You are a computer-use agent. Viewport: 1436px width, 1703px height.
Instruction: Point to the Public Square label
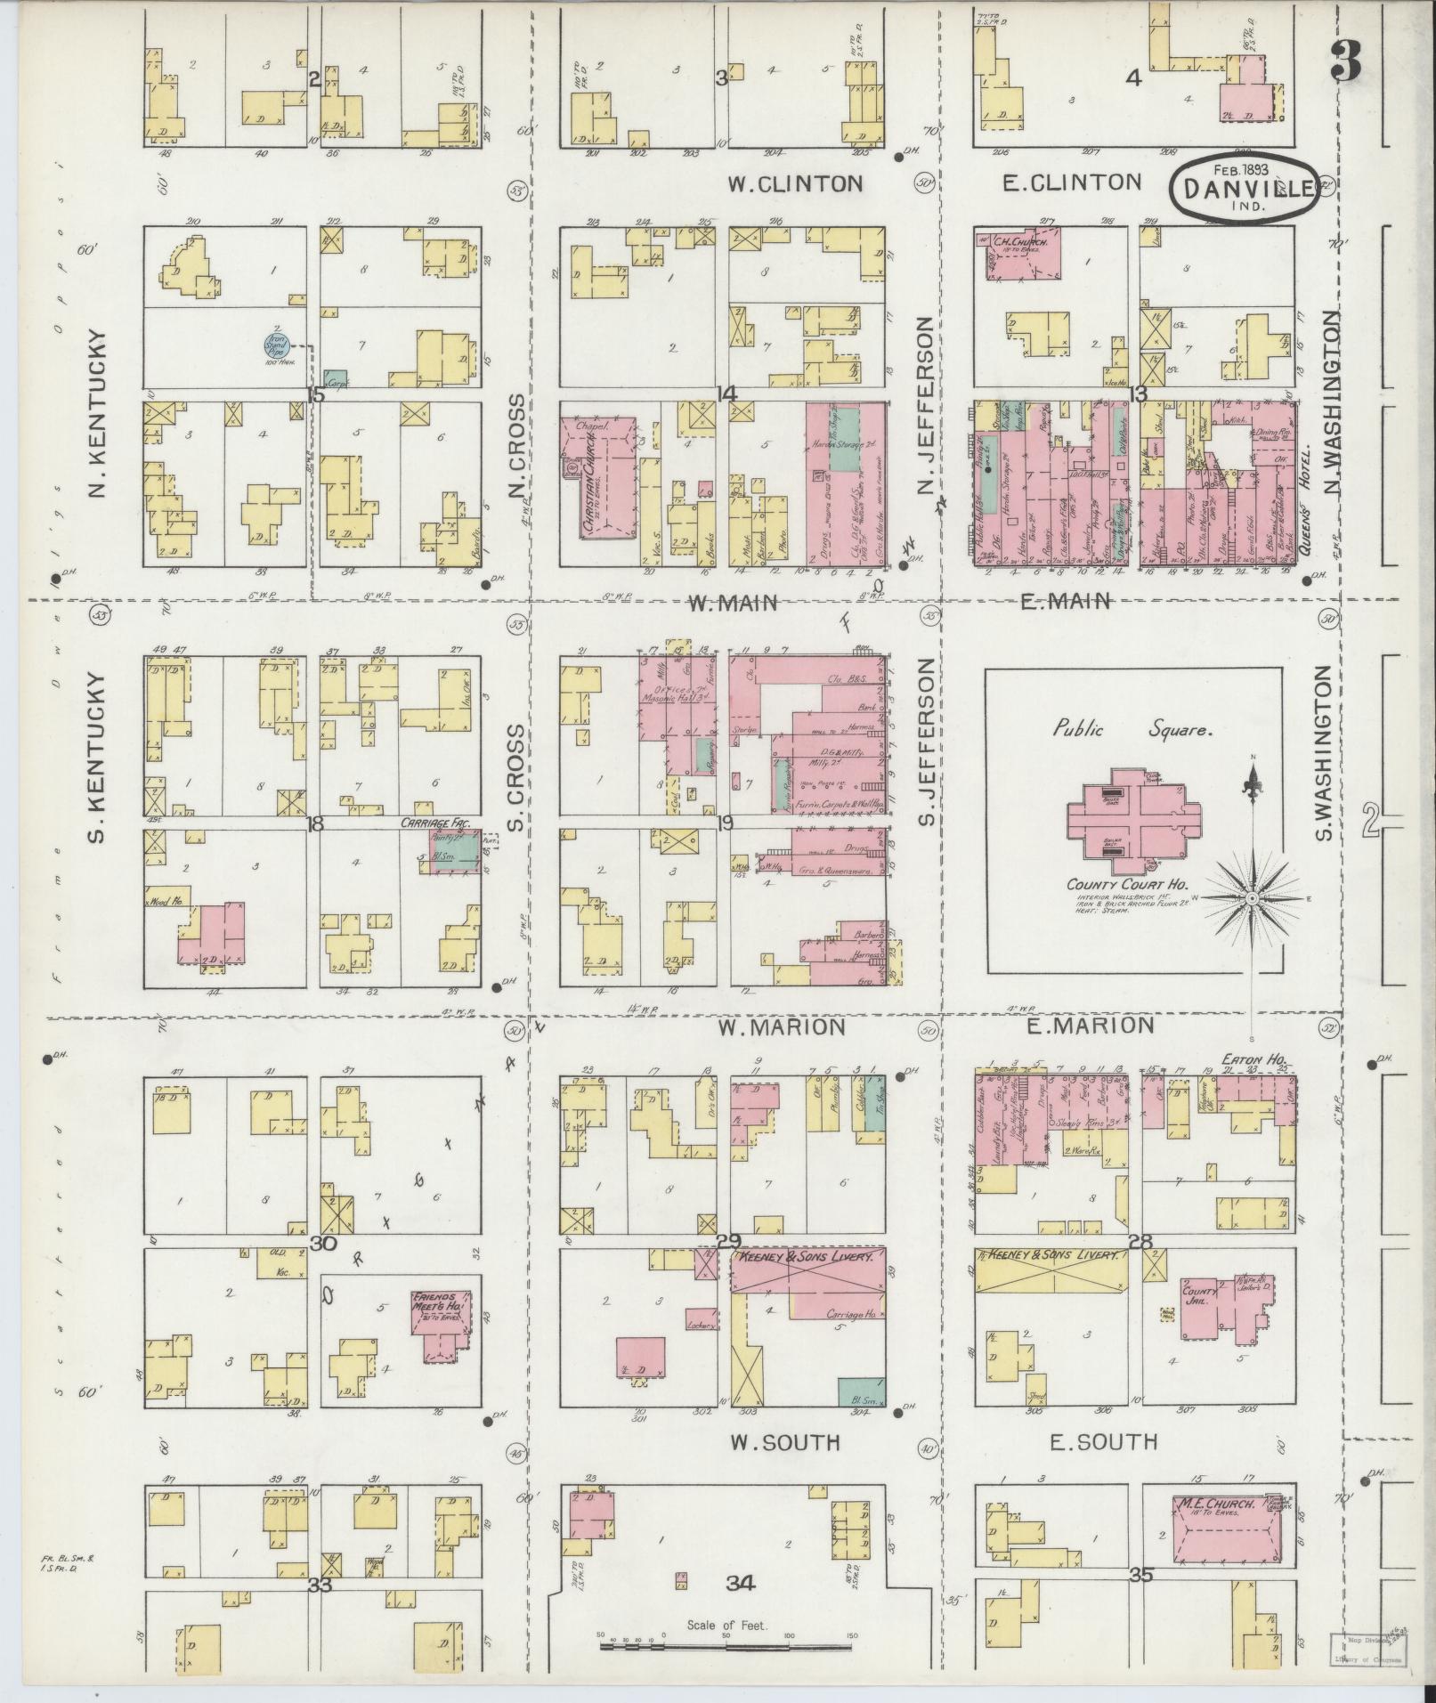(1132, 730)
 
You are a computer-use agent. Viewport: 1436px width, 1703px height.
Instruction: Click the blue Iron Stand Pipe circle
(275, 344)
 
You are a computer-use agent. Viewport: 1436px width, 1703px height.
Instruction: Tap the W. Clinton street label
(794, 183)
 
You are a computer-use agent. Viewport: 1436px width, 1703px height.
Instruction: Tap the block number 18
(314, 823)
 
